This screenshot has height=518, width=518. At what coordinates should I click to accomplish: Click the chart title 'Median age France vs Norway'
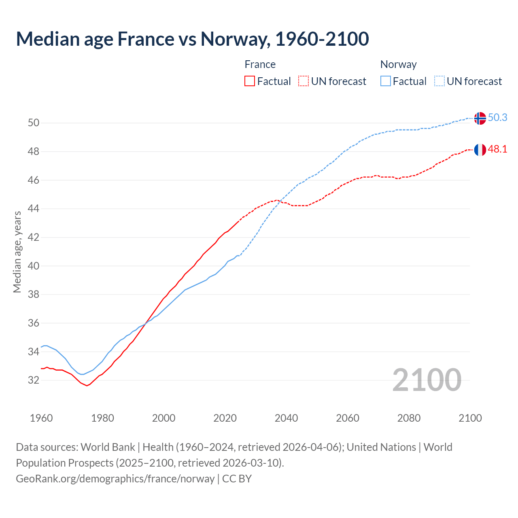click(x=192, y=39)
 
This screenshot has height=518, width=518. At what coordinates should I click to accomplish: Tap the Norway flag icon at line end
click(x=480, y=118)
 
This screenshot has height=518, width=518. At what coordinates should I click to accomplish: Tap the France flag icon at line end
click(x=480, y=150)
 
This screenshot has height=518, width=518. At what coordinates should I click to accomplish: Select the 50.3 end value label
click(x=497, y=118)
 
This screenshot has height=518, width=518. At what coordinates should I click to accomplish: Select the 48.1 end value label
click(x=497, y=149)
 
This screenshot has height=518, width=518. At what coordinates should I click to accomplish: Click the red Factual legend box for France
click(x=250, y=81)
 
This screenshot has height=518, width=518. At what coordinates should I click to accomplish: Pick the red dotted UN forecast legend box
click(x=304, y=81)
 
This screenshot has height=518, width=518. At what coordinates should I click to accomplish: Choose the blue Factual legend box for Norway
click(x=386, y=81)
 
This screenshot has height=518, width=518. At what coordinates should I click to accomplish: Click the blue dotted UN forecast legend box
click(x=439, y=81)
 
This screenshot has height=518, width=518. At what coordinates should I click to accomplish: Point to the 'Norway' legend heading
click(x=398, y=64)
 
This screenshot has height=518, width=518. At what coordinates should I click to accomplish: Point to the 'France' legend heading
click(x=260, y=64)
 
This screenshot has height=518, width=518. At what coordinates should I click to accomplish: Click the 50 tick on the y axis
click(x=33, y=123)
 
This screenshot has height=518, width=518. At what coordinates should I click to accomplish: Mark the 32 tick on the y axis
click(x=33, y=380)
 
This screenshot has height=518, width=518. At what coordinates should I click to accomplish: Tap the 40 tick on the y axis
click(x=33, y=266)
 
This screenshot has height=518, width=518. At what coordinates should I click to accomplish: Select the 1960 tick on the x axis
click(x=41, y=418)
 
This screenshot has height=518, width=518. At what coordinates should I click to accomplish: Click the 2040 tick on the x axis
click(x=286, y=418)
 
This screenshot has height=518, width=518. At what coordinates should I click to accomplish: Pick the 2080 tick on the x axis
click(x=409, y=418)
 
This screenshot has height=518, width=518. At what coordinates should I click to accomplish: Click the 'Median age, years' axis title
click(x=17, y=252)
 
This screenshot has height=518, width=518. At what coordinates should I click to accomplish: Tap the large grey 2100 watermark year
click(x=427, y=380)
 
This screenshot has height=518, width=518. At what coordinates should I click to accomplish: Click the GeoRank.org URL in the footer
click(x=115, y=479)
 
